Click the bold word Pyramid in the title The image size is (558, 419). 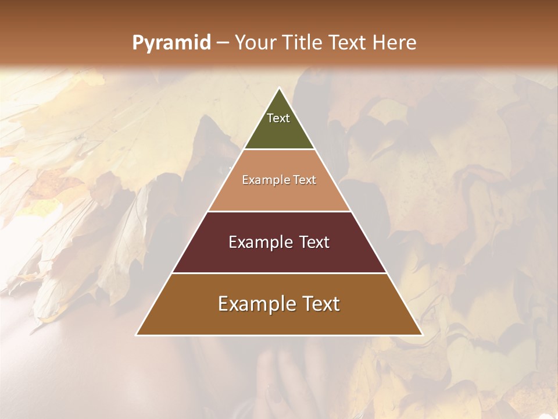[171, 43]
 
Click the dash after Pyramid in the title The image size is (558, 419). [223, 43]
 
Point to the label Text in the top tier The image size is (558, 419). [278, 118]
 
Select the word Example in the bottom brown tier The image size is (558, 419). [253, 304]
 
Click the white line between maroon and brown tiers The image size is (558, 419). [279, 273]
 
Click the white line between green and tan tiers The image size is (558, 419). [279, 149]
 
